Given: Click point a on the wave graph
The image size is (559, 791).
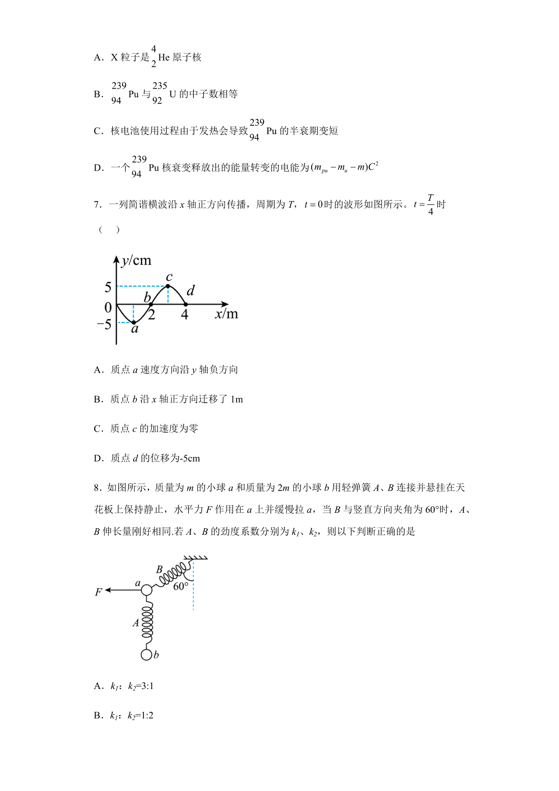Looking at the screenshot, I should click(x=134, y=322).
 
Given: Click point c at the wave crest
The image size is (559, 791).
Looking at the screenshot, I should click(x=168, y=286).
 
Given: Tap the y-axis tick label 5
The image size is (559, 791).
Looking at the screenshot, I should click(x=108, y=287).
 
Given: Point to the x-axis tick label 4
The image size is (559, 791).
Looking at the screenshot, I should click(x=184, y=315).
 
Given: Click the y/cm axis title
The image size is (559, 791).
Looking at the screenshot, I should click(x=136, y=260).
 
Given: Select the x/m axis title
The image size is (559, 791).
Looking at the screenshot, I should click(x=226, y=314).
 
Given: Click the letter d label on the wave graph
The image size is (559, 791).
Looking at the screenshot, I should click(x=191, y=291).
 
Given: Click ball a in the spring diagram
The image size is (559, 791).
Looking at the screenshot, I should click(x=146, y=590).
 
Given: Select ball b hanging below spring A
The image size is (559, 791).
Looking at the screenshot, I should click(x=146, y=655).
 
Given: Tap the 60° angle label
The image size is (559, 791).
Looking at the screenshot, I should click(x=181, y=586).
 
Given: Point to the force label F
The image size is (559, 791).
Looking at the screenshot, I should click(x=98, y=593).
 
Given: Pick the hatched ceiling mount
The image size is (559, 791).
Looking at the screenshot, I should click(x=196, y=558).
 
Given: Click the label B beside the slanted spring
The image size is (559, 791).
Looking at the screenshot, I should click(x=159, y=569).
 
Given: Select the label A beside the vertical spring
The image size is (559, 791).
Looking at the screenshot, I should click(x=136, y=623).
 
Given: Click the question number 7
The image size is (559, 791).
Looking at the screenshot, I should click(x=97, y=205).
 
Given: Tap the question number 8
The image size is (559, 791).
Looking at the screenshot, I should click(x=97, y=488).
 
